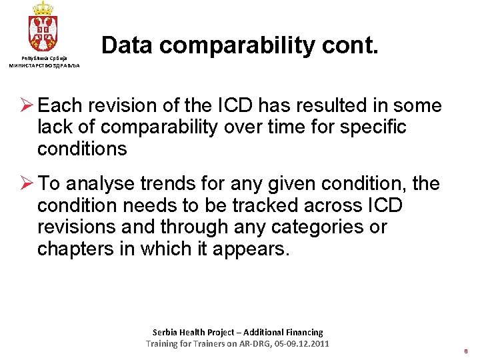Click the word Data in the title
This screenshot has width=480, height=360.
(x=127, y=45)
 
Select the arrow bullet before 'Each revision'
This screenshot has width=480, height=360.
(x=26, y=105)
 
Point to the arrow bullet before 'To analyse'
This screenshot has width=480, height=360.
(x=26, y=183)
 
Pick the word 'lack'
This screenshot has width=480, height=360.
(x=54, y=127)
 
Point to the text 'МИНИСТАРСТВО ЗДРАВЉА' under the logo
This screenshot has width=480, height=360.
(x=44, y=65)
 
